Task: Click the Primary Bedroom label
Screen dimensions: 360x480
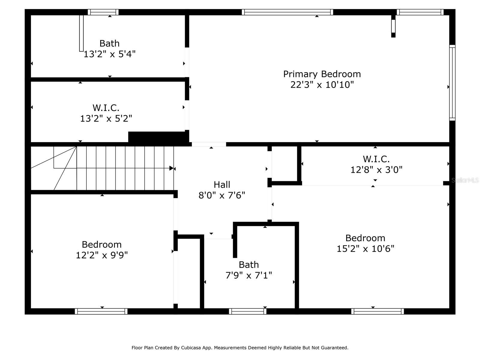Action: (x=322, y=74)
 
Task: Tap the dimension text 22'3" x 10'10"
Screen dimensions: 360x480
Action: (x=322, y=85)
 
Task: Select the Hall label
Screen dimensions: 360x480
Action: (x=222, y=184)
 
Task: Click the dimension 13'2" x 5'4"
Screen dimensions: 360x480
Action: (x=109, y=54)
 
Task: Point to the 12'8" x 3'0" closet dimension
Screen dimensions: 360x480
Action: (x=376, y=170)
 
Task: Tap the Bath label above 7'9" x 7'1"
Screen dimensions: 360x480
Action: (x=249, y=265)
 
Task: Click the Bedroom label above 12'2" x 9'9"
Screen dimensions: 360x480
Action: (x=102, y=244)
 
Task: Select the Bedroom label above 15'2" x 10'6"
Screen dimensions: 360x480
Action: (x=365, y=238)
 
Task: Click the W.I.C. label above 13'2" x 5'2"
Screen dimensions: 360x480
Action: (x=106, y=107)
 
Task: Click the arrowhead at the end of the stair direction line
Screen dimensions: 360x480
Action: (x=172, y=168)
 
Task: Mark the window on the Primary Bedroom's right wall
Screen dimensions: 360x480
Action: (x=452, y=83)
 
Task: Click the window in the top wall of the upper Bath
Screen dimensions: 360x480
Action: (x=103, y=12)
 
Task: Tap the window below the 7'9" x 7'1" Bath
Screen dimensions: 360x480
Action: (x=247, y=311)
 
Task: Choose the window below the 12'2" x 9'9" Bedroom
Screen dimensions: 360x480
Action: (x=101, y=311)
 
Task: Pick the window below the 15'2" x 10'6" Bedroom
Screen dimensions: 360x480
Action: (x=377, y=311)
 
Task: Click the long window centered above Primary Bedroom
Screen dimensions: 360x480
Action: (x=287, y=12)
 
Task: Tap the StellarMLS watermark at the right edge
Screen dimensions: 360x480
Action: (x=465, y=180)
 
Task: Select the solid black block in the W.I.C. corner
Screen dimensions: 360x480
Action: (x=158, y=137)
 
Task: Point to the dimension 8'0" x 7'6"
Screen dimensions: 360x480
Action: (x=222, y=196)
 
